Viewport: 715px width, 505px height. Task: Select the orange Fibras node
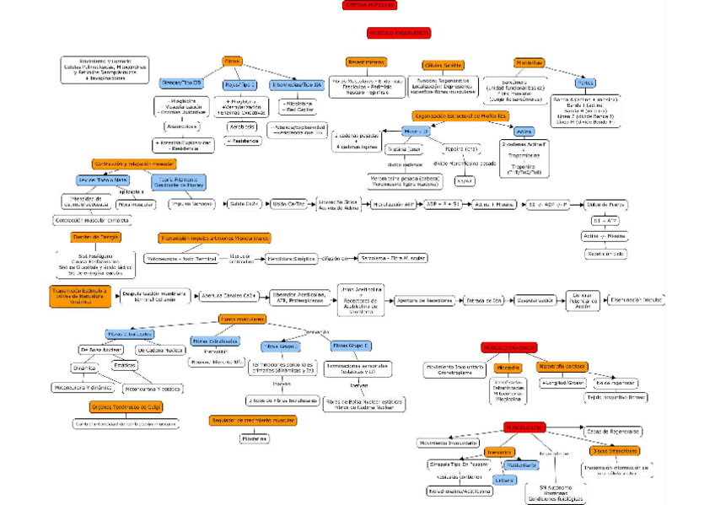tap(234, 62)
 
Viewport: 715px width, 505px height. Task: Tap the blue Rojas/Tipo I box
tap(239, 84)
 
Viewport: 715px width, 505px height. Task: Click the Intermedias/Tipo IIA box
tap(296, 84)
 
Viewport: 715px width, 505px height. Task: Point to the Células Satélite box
tap(443, 65)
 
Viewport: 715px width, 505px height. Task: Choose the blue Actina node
tap(524, 132)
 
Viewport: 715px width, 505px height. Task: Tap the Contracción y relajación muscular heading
tap(134, 164)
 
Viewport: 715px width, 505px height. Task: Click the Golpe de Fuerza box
tap(605, 204)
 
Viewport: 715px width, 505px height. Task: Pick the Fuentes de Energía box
tap(96, 238)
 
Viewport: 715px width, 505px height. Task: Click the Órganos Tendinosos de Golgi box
tap(115, 406)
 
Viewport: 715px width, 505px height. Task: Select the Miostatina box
tap(254, 438)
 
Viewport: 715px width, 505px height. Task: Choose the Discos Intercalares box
tap(613, 450)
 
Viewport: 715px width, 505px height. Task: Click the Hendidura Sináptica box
tap(288, 258)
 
